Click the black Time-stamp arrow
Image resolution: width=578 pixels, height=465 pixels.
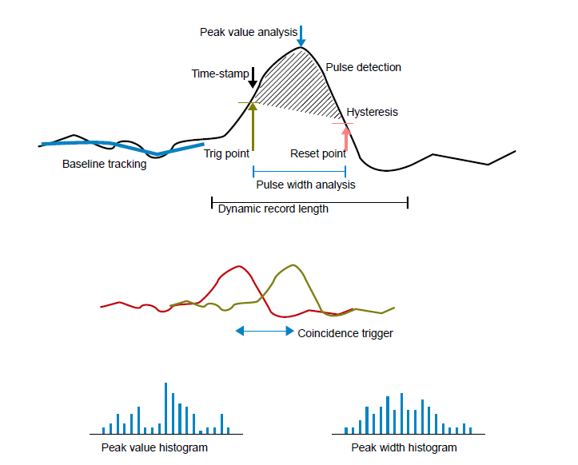253,78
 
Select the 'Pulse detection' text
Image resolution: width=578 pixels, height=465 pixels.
363,68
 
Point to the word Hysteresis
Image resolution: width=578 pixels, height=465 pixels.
372,113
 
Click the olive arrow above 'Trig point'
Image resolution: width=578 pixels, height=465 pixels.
253,124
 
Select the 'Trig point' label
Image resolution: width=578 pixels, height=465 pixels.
226,153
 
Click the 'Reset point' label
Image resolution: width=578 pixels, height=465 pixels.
317,153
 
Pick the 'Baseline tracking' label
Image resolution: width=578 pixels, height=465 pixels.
104,165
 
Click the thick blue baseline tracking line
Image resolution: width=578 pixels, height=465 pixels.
120,145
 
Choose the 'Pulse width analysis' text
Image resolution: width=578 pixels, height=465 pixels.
305,185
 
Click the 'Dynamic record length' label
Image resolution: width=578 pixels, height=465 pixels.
273,209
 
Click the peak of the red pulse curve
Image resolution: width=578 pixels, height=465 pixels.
237,266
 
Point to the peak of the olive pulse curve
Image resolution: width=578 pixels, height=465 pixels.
294,264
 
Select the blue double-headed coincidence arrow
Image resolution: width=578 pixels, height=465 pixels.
265,330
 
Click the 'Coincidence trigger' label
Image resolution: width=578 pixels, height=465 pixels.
345,333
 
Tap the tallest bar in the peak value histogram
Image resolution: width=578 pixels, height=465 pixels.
165,407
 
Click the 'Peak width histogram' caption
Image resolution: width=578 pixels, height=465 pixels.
404,447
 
